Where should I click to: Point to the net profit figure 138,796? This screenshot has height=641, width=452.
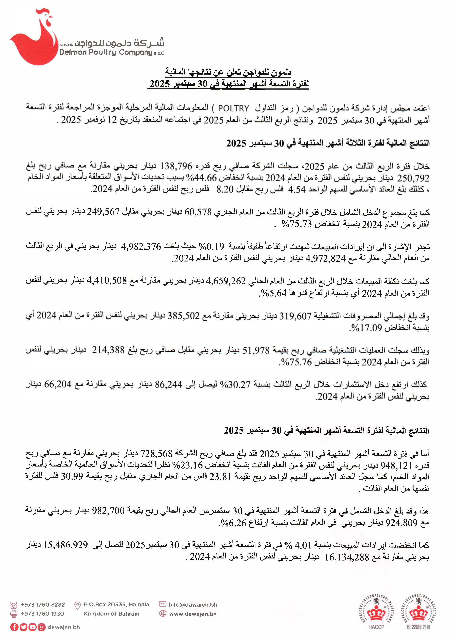pyautogui.click(x=176, y=166)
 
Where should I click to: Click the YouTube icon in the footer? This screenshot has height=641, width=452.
pyautogui.click(x=32, y=627)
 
